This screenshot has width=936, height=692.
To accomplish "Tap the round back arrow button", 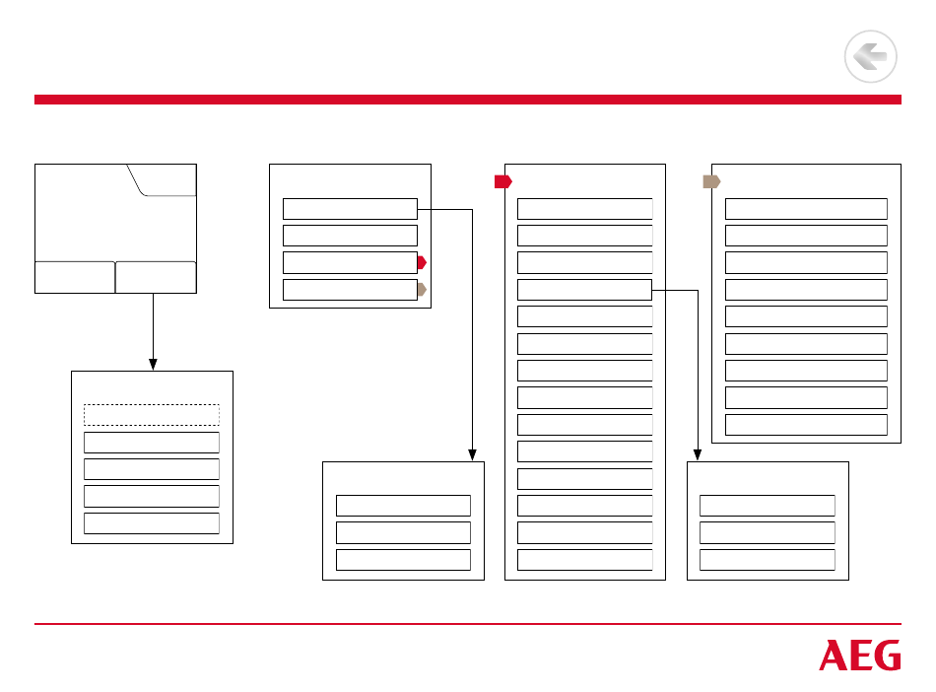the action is [870, 57].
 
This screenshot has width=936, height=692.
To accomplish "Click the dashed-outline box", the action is [151, 415].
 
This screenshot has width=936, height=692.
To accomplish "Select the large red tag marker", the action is [502, 181].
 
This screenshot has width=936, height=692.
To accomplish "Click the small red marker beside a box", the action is [422, 262].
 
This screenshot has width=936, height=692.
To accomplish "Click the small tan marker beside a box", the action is [422, 290].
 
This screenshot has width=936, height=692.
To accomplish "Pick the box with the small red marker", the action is [350, 262].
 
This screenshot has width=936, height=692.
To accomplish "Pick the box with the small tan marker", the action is [350, 290].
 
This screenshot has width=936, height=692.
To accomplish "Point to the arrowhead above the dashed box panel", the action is [153, 365].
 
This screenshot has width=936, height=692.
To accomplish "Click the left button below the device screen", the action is [75, 277].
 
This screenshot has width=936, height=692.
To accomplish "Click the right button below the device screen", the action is [156, 277].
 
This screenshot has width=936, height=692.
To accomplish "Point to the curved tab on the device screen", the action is [163, 180].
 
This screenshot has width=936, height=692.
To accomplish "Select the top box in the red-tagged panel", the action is [584, 208].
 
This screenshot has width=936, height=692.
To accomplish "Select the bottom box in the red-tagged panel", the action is [584, 560].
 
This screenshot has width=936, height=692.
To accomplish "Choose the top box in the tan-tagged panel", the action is [806, 208].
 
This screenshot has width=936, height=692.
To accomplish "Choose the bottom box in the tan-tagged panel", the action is [806, 425].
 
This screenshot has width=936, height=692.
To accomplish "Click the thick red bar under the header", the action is [468, 100].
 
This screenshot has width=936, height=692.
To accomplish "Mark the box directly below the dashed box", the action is [151, 442].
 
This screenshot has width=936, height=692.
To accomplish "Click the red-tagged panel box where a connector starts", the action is [584, 290].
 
